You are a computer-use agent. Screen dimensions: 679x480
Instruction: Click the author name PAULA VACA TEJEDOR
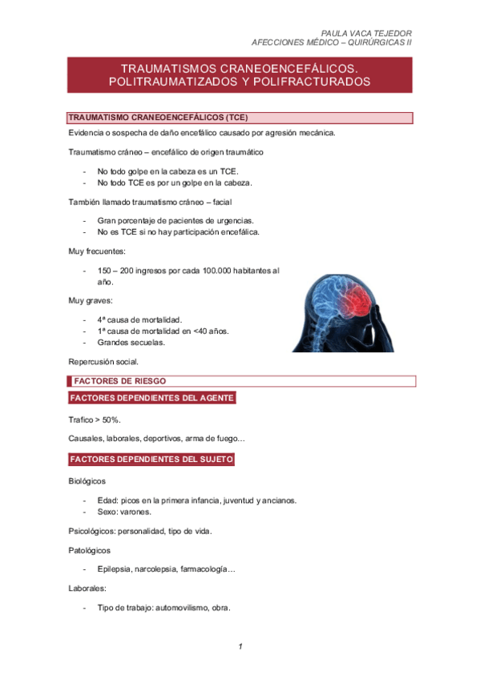click(x=366, y=33)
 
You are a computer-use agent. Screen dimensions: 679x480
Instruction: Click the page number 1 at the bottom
click(x=240, y=646)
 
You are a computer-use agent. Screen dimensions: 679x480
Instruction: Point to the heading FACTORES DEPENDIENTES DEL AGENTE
click(x=152, y=398)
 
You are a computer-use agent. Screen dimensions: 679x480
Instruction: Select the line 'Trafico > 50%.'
click(x=95, y=420)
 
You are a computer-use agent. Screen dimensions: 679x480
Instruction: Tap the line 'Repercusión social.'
click(x=104, y=362)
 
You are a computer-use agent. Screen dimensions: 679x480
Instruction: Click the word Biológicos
click(x=88, y=481)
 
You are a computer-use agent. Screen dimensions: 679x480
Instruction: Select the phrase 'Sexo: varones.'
click(x=124, y=512)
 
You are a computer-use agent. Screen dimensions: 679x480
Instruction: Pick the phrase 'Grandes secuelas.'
click(x=131, y=343)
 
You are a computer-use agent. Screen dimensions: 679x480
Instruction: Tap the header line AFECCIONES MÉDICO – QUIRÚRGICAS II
click(x=332, y=43)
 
